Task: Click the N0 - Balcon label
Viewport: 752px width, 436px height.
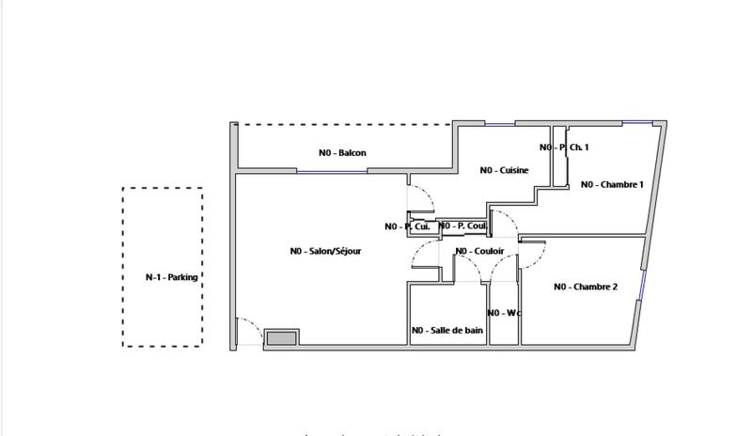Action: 342,153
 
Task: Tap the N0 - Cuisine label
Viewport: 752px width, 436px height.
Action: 504,170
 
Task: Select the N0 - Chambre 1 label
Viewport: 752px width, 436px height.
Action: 612,185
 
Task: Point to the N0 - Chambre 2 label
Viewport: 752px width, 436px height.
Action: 585,287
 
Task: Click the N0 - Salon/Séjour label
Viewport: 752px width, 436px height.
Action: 325,251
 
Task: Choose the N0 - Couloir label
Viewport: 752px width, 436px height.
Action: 479,251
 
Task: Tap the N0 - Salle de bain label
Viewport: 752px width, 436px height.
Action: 447,331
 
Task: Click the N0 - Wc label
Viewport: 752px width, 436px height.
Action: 504,313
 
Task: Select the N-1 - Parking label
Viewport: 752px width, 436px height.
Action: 171,277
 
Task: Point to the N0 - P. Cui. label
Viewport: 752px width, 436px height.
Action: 407,226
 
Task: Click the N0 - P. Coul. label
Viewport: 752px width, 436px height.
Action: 462,226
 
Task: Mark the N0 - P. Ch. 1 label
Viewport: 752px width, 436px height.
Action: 564,148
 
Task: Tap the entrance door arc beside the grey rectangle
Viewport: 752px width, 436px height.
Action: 249,332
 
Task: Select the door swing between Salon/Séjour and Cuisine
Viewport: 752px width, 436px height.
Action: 420,198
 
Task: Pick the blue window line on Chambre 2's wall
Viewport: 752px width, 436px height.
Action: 643,283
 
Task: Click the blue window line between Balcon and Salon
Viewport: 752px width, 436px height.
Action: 331,171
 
